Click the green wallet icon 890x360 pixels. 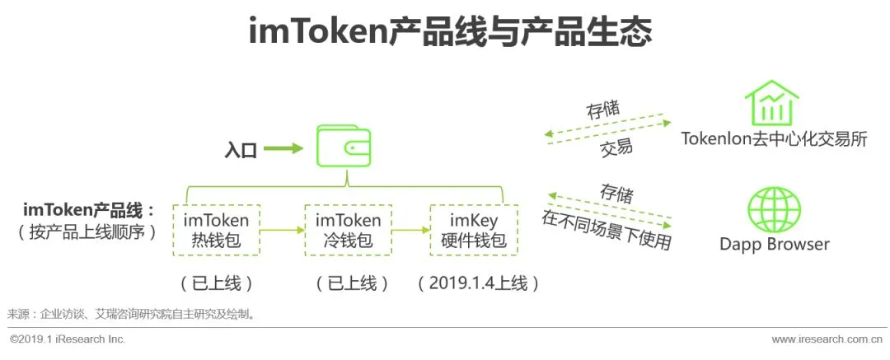343,146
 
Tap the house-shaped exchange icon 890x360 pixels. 771,102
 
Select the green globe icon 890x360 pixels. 774,209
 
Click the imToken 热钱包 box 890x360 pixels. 216,230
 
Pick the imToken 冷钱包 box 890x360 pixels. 348,230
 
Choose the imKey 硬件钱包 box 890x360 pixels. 474,230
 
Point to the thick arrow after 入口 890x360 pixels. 283,149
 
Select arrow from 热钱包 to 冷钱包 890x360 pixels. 282,230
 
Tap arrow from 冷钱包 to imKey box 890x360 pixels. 411,230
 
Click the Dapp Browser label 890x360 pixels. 774,244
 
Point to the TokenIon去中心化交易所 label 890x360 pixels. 774,139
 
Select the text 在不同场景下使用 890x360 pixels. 607,229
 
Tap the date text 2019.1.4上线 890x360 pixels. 479,283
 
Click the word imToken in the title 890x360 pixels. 318,32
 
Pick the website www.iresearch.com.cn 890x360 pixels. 827,339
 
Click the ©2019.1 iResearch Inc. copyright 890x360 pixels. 68,339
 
